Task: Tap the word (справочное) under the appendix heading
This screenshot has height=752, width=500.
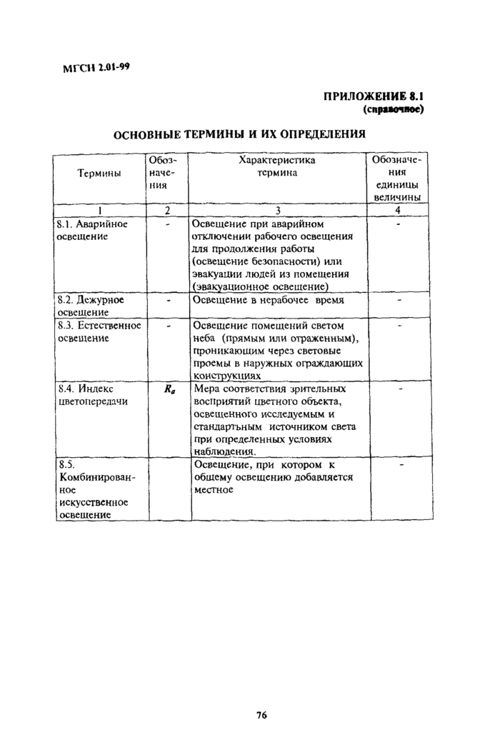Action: point(394,109)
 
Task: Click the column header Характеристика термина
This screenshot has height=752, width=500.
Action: point(276,166)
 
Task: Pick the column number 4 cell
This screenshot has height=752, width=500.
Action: point(397,210)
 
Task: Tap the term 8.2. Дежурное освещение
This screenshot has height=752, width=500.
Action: point(91,306)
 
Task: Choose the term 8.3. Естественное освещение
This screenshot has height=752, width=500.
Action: point(98,331)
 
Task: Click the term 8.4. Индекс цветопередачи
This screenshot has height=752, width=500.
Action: point(92,395)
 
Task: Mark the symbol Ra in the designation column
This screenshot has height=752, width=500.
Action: point(169,390)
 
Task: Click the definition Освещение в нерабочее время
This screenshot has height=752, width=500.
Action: point(269,301)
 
